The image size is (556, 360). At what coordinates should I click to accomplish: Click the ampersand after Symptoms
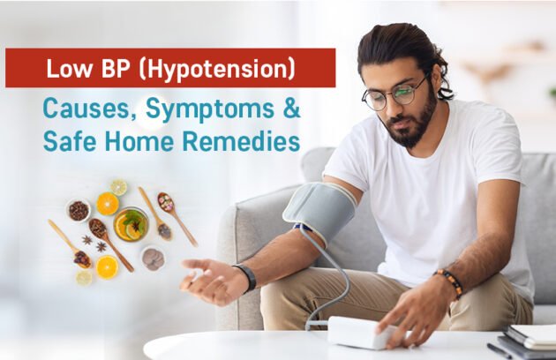pyautogui.click(x=290, y=110)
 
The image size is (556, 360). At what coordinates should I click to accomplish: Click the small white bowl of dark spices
pyautogui.click(x=79, y=210)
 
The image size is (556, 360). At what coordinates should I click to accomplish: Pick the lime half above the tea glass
pyautogui.click(x=119, y=187)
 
